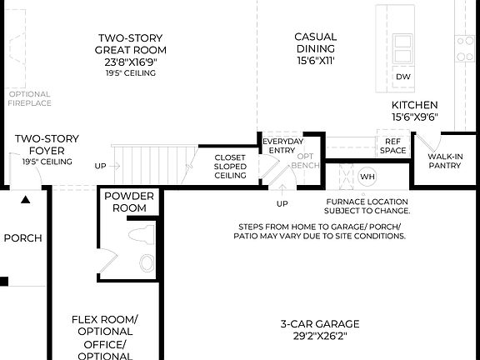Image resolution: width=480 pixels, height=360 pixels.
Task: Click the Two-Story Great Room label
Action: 129,43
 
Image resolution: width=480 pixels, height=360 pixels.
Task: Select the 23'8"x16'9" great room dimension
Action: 129,62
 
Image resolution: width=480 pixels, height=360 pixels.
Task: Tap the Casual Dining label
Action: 316,42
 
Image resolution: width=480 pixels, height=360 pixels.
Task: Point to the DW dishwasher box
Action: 403,77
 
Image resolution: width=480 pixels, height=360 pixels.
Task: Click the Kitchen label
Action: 415,105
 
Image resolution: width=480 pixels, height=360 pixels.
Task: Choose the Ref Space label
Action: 392,146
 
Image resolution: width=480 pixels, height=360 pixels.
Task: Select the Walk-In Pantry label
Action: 444,161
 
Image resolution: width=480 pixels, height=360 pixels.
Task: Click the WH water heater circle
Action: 367,177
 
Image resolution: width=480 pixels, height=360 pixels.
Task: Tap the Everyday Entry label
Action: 282,147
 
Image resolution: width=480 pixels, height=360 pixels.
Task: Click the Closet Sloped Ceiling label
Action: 230,166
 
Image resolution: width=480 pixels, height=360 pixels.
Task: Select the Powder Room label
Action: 129,202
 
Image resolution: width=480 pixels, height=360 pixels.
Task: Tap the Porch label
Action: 22,238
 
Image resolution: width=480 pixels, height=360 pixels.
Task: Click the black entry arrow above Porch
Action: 26,200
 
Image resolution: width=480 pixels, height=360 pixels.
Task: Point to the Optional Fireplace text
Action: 30,98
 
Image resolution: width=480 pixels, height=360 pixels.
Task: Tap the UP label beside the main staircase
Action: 100,166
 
